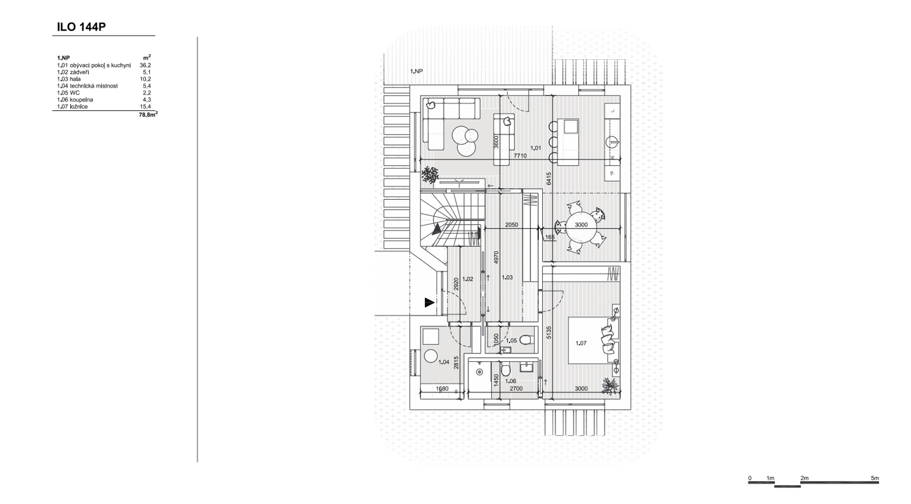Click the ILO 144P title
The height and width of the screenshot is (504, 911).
click(x=81, y=27)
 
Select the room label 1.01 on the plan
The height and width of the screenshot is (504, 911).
click(x=536, y=148)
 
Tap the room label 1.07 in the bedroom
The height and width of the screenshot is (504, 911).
click(x=581, y=343)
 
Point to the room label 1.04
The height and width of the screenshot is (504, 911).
click(x=444, y=362)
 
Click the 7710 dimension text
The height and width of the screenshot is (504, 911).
click(x=520, y=156)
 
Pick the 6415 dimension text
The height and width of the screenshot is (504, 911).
click(x=549, y=179)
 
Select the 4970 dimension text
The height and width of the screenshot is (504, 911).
click(x=496, y=258)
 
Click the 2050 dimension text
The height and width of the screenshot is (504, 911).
click(x=512, y=225)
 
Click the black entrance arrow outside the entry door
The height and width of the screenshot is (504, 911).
click(x=429, y=303)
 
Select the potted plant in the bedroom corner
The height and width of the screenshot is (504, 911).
click(x=611, y=386)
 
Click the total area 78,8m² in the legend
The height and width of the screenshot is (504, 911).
click(x=148, y=114)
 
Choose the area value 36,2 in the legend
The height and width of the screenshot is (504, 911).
click(x=145, y=65)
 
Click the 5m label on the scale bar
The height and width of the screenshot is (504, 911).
click(x=875, y=478)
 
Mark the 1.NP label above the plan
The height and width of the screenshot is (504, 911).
click(x=417, y=71)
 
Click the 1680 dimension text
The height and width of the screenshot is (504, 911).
click(x=442, y=389)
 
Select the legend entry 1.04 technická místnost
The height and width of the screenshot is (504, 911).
click(x=87, y=86)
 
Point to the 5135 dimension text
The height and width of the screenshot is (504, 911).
click(x=549, y=332)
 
